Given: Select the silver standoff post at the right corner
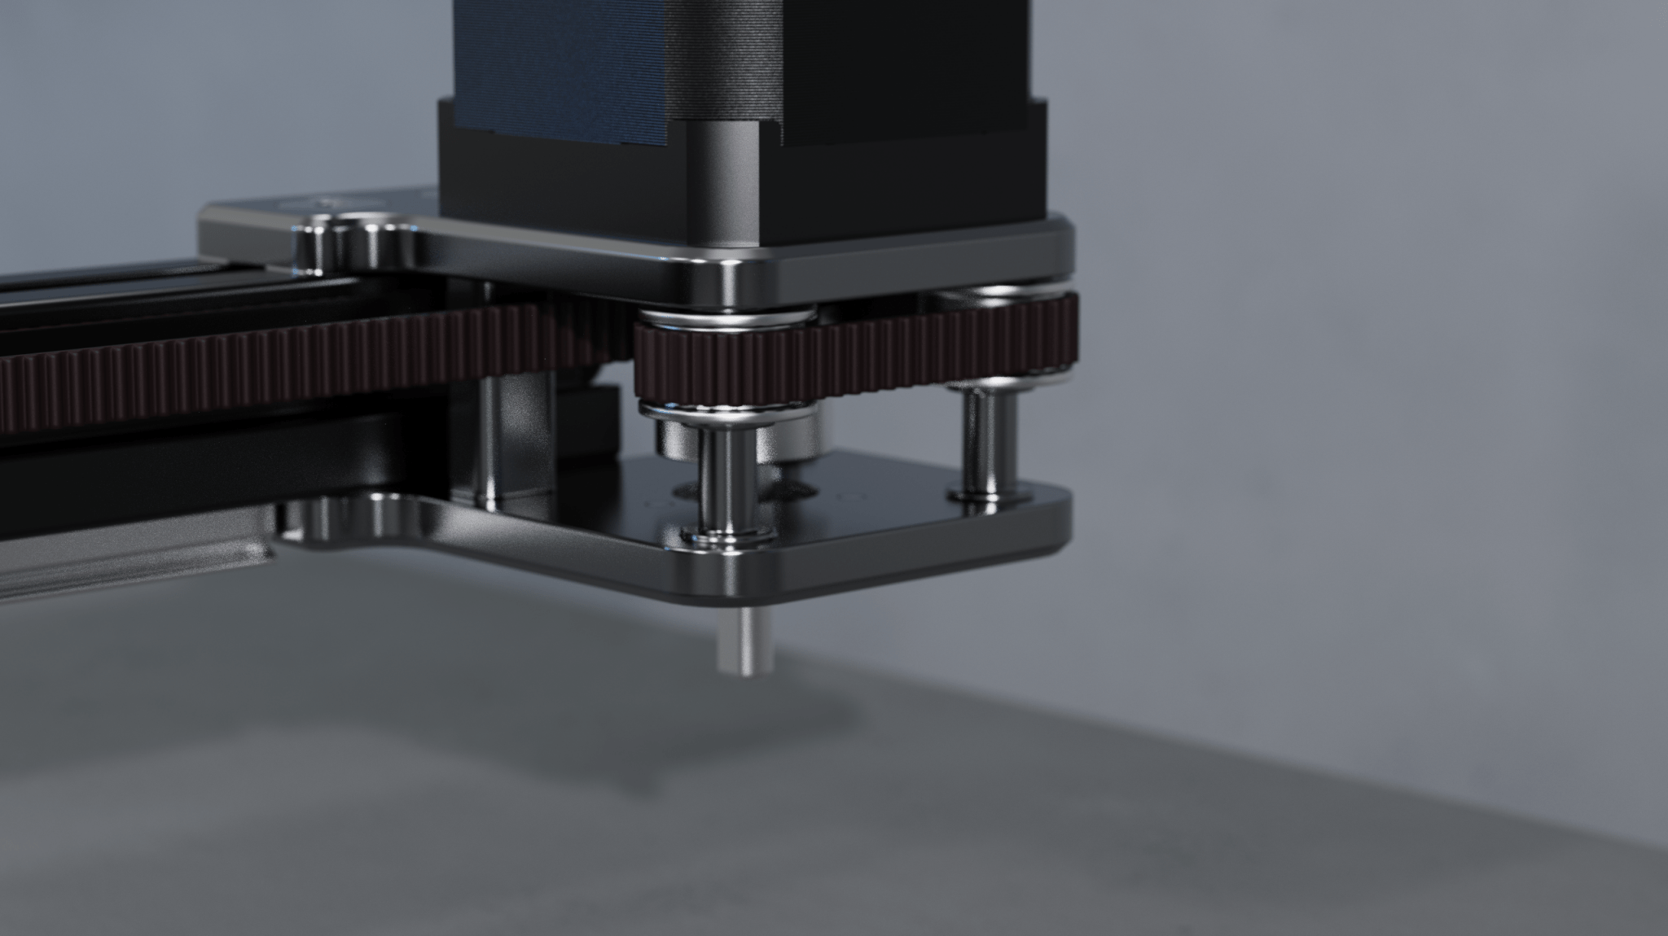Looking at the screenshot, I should click(986, 440).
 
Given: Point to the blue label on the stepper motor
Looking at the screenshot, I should click(562, 65).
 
